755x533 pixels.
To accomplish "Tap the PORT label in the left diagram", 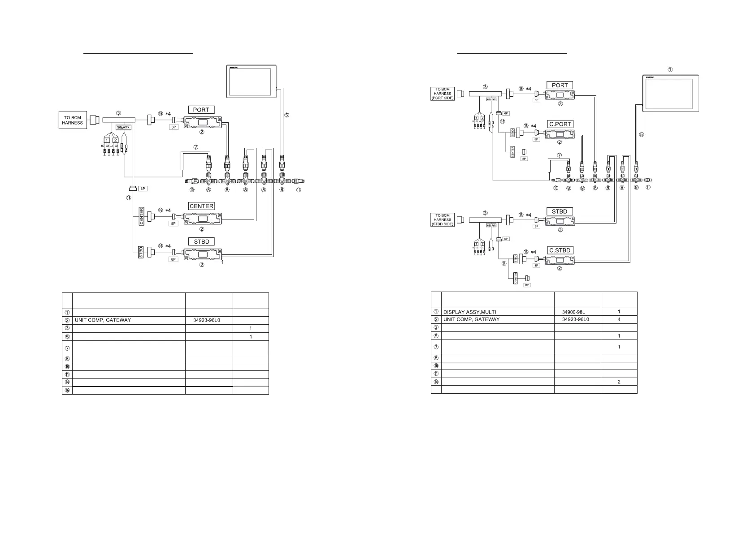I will coord(201,110).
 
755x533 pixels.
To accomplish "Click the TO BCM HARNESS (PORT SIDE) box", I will coord(443,94).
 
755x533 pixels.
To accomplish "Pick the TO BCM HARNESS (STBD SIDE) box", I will coord(443,220).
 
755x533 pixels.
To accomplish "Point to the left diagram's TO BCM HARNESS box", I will coord(73,120).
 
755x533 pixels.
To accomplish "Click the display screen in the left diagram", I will coord(251,81).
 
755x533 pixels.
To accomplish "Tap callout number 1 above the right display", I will coord(670,69).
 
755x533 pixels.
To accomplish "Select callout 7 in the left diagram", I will coord(195,147).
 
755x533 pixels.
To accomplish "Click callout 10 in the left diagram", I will coord(191,190).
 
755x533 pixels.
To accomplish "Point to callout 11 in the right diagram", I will coord(648,188).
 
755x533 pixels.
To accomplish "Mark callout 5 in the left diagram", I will coord(286,115).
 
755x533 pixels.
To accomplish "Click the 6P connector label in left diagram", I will coord(143,189).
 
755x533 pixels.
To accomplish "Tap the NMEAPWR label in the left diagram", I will coord(123,127).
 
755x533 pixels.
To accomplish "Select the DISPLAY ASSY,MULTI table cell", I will coord(469,312).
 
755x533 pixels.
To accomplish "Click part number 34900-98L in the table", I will coord(573,312).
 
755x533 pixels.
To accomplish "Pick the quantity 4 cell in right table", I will coord(619,320).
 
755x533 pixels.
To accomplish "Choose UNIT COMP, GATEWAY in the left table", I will coord(103,320).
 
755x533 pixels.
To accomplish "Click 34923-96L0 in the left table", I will coord(206,320).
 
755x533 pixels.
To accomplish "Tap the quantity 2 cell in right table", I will coord(619,382).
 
